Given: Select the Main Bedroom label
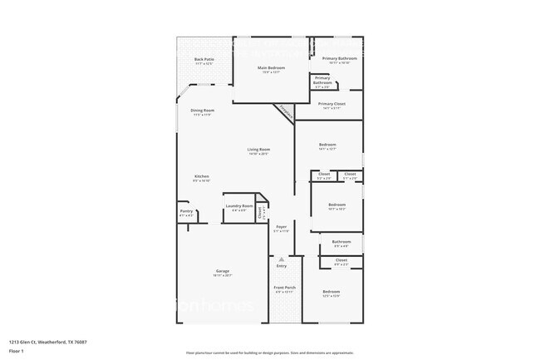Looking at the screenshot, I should coord(271,67).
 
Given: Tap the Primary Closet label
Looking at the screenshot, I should coord(331,104).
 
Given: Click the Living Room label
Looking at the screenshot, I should coord(258,150).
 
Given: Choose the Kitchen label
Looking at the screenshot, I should coord(202,176).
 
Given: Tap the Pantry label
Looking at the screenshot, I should coord(186,212).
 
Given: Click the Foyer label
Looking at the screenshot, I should coord(282,226).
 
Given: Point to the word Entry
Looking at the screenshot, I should coord(282,266).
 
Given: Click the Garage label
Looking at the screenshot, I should coord(223,271).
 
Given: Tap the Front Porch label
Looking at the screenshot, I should coord(284,288).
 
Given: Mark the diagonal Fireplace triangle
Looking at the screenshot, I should coord(285,111).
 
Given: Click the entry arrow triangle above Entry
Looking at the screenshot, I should coord(282,259).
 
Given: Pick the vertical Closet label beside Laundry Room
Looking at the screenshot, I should coord(260,212).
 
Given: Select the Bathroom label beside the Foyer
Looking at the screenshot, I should coord(341,242).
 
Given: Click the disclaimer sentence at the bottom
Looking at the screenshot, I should coord(270,352).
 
